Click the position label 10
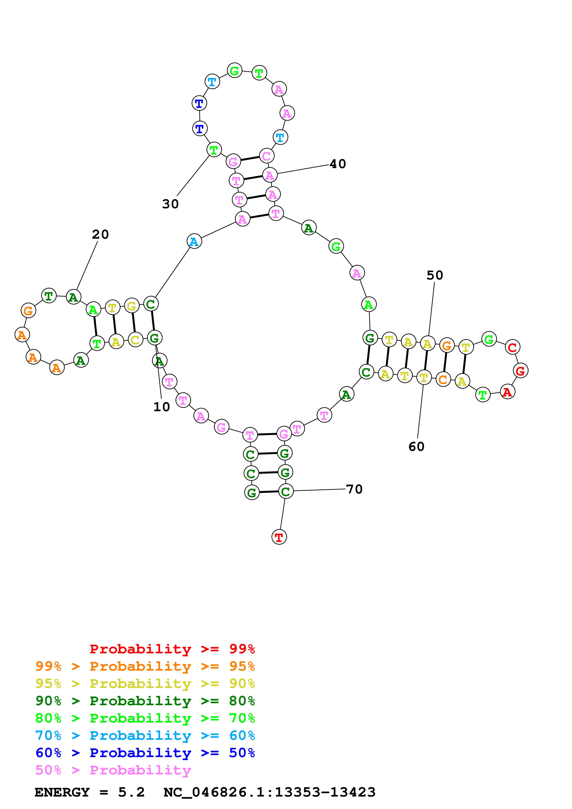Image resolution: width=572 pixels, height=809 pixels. pyautogui.click(x=162, y=407)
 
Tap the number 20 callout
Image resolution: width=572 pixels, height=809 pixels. pyautogui.click(x=100, y=234)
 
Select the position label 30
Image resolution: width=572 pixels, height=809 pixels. pyautogui.click(x=171, y=204)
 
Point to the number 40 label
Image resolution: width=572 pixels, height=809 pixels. pyautogui.click(x=338, y=164)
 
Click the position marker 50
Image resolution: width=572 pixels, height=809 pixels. pyautogui.click(x=434, y=275)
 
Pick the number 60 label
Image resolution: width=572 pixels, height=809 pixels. pyautogui.click(x=416, y=447)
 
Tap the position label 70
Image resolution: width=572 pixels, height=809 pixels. pyautogui.click(x=354, y=489)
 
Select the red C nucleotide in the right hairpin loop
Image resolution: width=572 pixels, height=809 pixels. pyautogui.click(x=512, y=347)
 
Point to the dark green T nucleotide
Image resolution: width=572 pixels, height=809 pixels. pyautogui.click(x=49, y=296)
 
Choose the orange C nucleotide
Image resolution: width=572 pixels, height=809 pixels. pyautogui.click(x=443, y=380)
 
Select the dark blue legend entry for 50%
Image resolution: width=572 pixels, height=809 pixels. pyautogui.click(x=145, y=753)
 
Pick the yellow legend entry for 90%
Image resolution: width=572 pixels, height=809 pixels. pyautogui.click(x=145, y=684)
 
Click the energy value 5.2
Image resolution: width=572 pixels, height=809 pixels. pyautogui.click(x=131, y=792)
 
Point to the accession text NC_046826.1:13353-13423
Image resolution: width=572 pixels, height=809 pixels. pyautogui.click(x=269, y=792)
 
